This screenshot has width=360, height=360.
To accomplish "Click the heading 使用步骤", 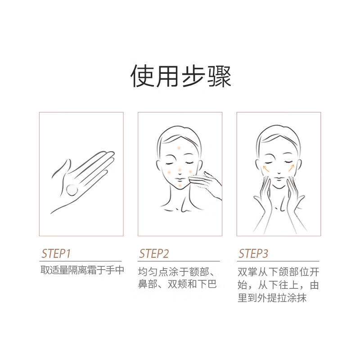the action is tap(180, 76).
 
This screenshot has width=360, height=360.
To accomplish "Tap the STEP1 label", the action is tap(56, 254).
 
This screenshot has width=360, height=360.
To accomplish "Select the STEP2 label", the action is tap(154, 254).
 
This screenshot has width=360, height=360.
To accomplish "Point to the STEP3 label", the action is tap(253, 254).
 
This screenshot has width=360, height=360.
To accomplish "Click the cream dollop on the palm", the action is tap(72, 190).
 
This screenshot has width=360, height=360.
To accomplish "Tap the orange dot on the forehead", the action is tap(179, 148).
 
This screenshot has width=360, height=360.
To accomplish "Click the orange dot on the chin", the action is tap(180, 185).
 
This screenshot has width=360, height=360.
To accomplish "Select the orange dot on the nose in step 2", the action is tap(180, 170).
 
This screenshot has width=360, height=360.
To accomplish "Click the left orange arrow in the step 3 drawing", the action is tap(266, 168).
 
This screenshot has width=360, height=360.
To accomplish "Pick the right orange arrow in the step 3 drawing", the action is tap(291, 168).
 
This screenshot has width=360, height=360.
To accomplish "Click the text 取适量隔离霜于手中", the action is tap(82, 270).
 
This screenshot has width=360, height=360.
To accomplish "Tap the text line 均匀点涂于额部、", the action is tap(176, 272).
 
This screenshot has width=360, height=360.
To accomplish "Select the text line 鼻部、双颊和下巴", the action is tap(177, 284).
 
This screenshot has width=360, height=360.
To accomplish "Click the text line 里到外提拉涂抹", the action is tap(272, 298).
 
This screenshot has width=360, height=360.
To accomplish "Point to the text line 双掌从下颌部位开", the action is tap(279, 272).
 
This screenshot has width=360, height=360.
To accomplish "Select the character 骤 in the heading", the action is tap(219, 76).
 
